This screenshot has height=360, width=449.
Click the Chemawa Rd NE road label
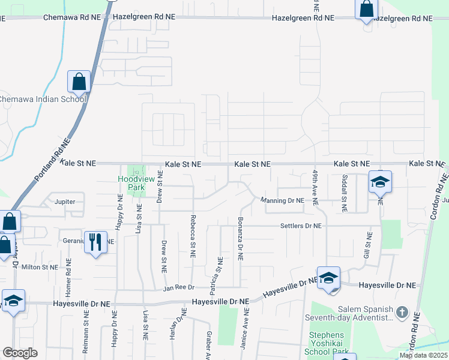tap(72, 18)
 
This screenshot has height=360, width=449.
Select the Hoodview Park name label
tap(131, 183)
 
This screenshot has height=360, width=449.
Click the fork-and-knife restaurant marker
tap(95, 242)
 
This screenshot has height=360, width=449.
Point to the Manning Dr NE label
tap(282, 200)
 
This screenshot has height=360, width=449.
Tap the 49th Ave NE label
tap(315, 187)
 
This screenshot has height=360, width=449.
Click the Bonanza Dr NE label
tap(240, 238)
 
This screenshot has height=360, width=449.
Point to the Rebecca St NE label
tap(193, 236)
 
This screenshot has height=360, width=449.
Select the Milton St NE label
tap(40, 267)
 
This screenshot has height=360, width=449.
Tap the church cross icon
tap(402, 313)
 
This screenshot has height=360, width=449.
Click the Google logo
tap(20, 352)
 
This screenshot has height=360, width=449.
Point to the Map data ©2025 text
tap(423, 355)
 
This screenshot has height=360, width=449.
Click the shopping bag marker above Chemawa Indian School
tap(79, 81)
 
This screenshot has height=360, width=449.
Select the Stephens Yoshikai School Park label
tap(328, 343)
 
